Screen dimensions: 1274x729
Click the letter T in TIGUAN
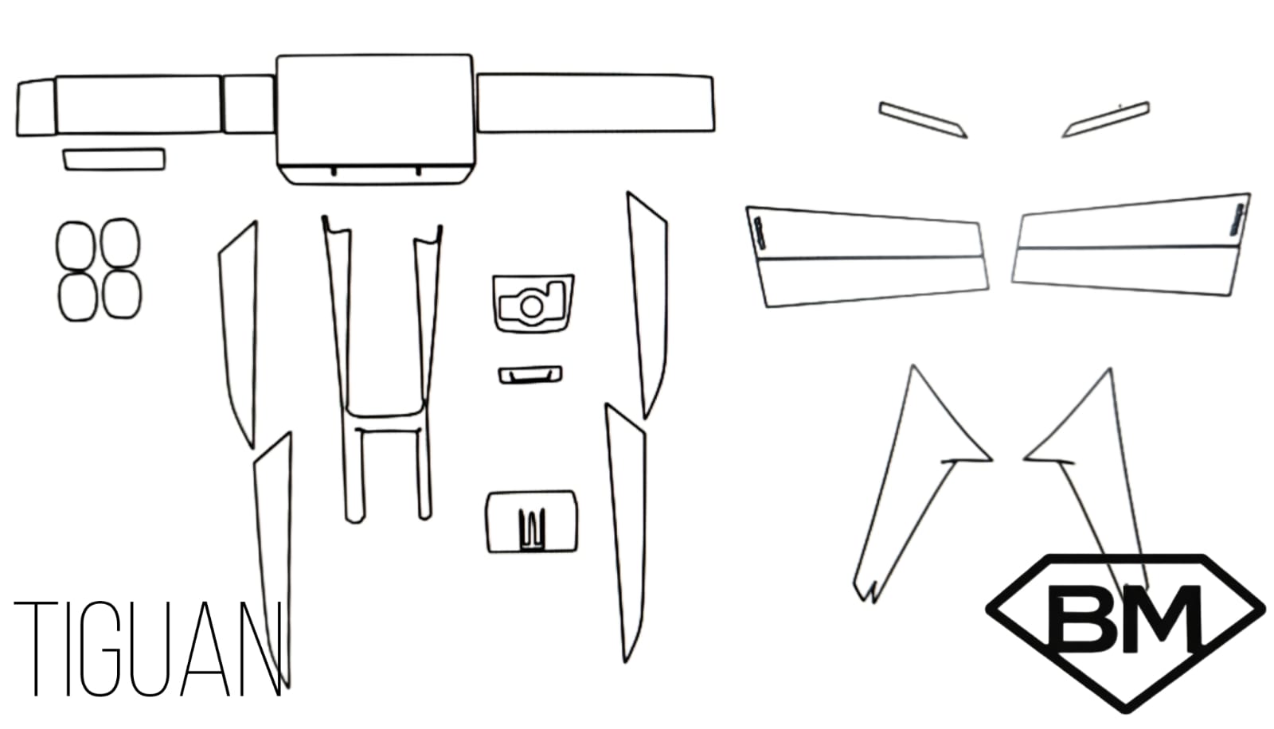pyautogui.click(x=35, y=649)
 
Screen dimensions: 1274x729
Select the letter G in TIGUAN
pyautogui.click(x=100, y=649)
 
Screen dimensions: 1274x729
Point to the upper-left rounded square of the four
pyautogui.click(x=76, y=246)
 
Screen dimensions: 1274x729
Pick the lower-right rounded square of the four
pyautogui.click(x=122, y=294)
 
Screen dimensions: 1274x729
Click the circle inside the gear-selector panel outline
pyautogui.click(x=532, y=307)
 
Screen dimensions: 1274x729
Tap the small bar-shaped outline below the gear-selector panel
pyautogui.click(x=530, y=375)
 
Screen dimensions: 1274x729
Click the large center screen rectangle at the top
pyautogui.click(x=375, y=110)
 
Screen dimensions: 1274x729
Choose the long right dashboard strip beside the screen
pyautogui.click(x=596, y=103)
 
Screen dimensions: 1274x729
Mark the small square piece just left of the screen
pyautogui.click(x=248, y=104)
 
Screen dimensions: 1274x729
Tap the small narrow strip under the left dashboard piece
pyautogui.click(x=115, y=159)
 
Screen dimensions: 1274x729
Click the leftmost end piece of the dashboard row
pyautogui.click(x=37, y=107)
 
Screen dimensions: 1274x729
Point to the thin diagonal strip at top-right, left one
pyautogui.click(x=923, y=120)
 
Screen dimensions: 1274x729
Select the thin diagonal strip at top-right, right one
pyautogui.click(x=1106, y=119)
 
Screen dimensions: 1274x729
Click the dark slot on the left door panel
pyautogui.click(x=760, y=233)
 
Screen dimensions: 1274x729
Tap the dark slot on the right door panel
pyautogui.click(x=1237, y=220)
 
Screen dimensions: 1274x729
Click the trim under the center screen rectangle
pyautogui.click(x=376, y=174)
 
